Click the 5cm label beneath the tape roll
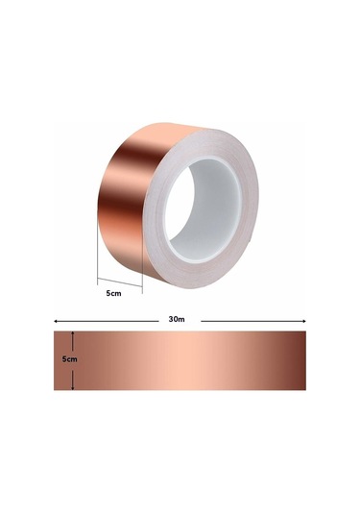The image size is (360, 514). point(114,293)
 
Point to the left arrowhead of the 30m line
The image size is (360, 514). point(56,320)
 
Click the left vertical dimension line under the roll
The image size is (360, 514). point(98,259)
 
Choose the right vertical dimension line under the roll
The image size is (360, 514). point(142,274)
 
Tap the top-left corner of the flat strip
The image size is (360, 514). point(55,332)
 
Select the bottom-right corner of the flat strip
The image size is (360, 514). point(305,389)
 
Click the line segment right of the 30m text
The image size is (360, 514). point(250,320)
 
